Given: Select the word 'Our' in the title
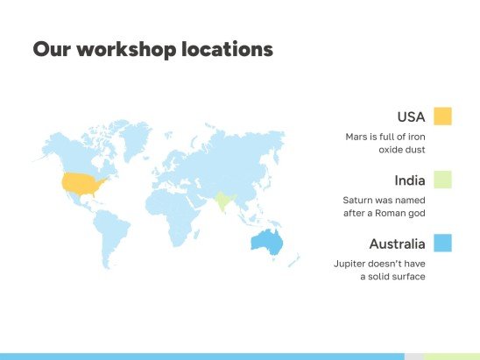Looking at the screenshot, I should (52, 50).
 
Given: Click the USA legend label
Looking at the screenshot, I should (411, 116).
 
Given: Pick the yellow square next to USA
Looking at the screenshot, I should (442, 116).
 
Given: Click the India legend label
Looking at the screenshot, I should (410, 180).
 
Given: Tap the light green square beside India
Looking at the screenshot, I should (442, 180).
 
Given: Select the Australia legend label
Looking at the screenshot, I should (397, 244).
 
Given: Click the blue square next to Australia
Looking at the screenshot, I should (442, 244).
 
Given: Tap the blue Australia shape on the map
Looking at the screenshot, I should (265, 243).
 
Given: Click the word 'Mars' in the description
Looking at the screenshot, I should (356, 138).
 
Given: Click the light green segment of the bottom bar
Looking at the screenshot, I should (452, 356).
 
